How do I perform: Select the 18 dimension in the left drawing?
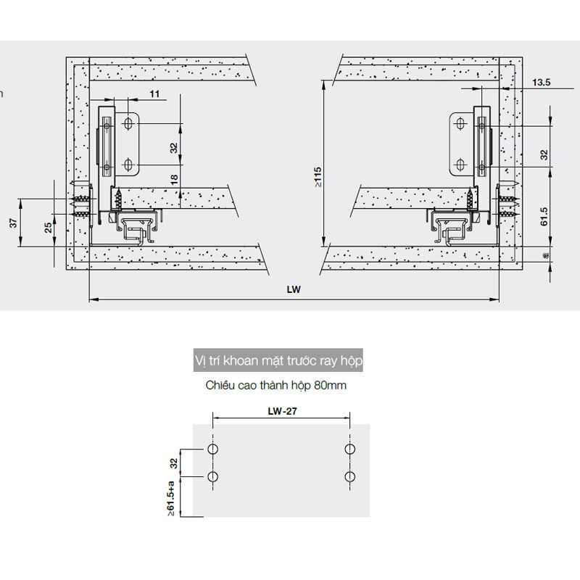(174, 180)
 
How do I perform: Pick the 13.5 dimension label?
(541, 83)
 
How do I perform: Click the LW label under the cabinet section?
(293, 288)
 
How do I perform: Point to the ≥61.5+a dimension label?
(171, 497)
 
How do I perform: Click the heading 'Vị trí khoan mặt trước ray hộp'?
(278, 360)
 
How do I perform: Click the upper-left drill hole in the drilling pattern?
(212, 450)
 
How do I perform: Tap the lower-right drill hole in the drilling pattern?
(350, 477)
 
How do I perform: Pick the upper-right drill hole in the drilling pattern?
(350, 450)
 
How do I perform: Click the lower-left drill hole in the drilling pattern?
(212, 477)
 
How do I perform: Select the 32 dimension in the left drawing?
(174, 147)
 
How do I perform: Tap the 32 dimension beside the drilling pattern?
(173, 463)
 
